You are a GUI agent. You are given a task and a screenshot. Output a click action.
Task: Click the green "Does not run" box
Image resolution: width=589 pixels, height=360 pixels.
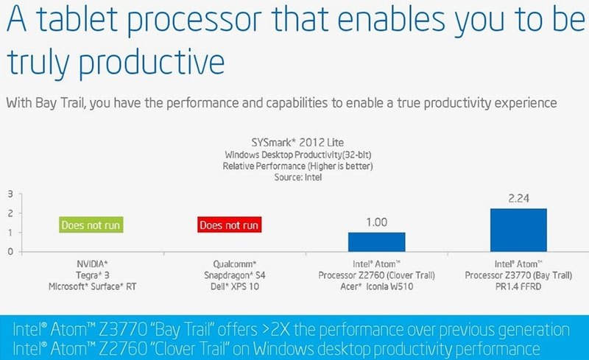[x=91, y=225]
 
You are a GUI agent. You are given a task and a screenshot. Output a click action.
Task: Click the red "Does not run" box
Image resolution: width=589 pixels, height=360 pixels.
[x=229, y=225]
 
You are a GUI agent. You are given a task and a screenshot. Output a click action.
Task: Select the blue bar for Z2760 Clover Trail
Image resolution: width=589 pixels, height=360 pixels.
[x=376, y=242]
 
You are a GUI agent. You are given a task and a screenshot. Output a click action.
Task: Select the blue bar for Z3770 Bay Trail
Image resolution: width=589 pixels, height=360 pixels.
[x=518, y=230]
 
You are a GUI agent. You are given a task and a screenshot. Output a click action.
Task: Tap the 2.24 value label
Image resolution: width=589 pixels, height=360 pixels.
[x=518, y=198]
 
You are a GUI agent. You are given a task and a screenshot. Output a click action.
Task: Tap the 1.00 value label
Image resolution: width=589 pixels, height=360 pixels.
[x=376, y=222]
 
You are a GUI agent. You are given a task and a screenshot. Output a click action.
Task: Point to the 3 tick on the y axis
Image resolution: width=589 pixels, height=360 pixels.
[x=10, y=194]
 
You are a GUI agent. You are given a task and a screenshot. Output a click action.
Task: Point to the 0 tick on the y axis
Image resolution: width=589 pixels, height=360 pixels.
[x=10, y=251]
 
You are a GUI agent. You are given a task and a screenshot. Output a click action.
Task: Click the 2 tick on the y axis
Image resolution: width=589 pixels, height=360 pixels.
[x=10, y=213]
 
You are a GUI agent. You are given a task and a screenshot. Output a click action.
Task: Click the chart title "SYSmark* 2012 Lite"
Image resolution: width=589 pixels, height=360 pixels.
[x=297, y=142]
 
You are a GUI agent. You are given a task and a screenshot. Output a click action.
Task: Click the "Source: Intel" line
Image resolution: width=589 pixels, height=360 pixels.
[x=298, y=177]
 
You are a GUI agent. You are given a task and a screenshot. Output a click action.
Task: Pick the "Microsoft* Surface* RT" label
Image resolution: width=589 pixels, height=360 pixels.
[x=93, y=286]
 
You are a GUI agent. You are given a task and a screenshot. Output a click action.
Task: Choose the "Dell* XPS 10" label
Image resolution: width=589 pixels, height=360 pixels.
[x=235, y=286]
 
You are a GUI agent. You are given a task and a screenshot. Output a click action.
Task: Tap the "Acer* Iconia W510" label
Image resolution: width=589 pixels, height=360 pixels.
[x=377, y=286]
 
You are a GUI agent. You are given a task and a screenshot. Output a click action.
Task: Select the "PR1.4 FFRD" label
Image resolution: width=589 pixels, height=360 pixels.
[x=518, y=286]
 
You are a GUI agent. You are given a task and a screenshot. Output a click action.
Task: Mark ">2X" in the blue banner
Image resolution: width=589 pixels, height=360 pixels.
[x=275, y=330]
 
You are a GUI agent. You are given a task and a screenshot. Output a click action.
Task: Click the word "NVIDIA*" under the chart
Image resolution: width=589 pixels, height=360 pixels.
[x=93, y=264]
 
